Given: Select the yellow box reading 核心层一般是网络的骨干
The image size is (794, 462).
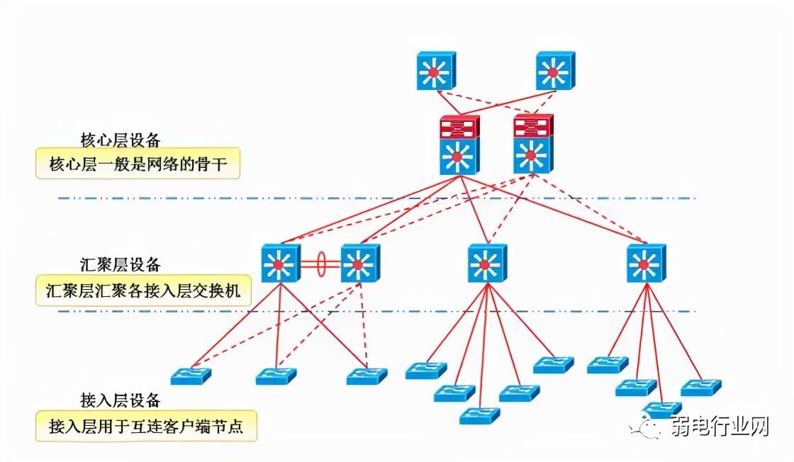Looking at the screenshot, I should (138, 166).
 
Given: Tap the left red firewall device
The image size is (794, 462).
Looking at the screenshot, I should (459, 127).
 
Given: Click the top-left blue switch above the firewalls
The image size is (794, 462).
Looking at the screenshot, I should (435, 70).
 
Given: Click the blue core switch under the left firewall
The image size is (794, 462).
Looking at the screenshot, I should (459, 155).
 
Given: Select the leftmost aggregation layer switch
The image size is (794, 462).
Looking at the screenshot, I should (281, 264).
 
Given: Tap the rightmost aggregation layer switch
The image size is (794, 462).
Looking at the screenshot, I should (646, 264).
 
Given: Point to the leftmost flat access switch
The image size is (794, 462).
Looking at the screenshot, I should (191, 375).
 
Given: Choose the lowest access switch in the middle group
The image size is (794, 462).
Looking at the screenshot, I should (480, 415).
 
